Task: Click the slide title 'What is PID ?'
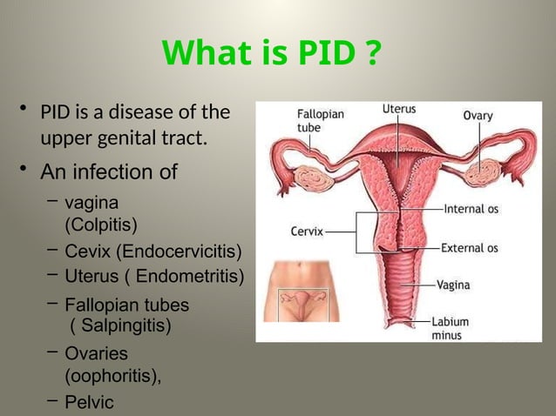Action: pos(271,54)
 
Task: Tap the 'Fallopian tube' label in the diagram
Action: pos(320,120)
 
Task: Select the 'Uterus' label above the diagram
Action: pos(398,110)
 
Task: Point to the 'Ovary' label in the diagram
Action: pos(477,114)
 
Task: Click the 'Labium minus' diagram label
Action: pos(450,328)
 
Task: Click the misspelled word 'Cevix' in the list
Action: pos(88,252)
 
